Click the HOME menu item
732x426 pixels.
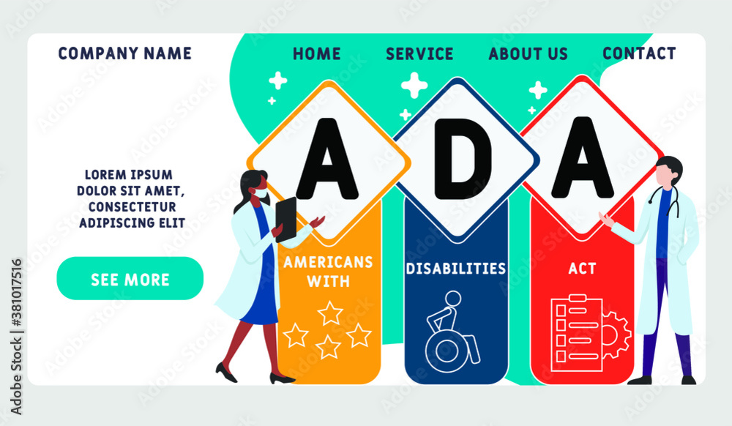[x=316, y=53]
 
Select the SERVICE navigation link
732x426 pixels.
[x=419, y=53]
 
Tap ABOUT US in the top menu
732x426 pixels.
[x=528, y=53]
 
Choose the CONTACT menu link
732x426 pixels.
[x=639, y=53]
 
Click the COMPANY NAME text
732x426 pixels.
[x=124, y=53]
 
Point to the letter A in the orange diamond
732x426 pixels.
[x=327, y=158]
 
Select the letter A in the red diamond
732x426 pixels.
[x=583, y=157]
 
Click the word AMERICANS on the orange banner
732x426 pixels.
[x=328, y=262]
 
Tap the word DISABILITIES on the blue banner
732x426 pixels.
[x=456, y=269]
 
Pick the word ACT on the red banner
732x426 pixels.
[x=582, y=269]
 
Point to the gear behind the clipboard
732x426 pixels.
[x=616, y=334]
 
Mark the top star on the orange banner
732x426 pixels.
[x=329, y=313]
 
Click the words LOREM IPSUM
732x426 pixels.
[x=128, y=175]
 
